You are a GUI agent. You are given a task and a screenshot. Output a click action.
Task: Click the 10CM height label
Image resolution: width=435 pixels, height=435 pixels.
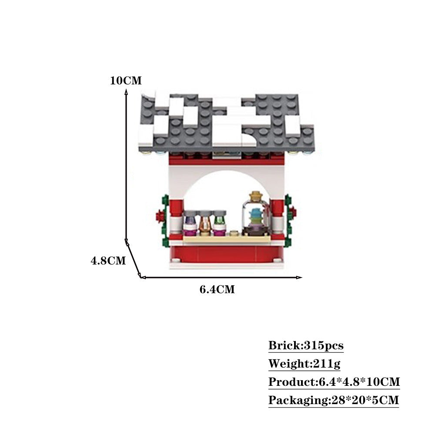coord(126,81)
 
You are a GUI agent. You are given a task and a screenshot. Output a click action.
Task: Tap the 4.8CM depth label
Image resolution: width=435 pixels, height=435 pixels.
coord(108,261)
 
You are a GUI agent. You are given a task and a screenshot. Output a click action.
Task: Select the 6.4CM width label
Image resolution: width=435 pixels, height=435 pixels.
coord(217,289)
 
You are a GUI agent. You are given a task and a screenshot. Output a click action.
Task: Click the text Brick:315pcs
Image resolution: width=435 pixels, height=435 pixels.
coord(306,346)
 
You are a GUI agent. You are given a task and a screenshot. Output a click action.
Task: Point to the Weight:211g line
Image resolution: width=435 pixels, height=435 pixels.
coord(304,364)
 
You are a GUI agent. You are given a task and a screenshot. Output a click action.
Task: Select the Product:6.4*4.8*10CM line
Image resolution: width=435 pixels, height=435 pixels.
coord(334,382)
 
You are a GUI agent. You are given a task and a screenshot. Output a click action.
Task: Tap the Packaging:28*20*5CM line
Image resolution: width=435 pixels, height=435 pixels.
coord(333,400)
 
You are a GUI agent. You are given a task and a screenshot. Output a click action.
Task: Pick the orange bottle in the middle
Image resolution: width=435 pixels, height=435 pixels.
coord(205,223)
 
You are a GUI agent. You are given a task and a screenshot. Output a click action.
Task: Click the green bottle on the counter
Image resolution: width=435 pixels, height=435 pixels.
coord(219,223)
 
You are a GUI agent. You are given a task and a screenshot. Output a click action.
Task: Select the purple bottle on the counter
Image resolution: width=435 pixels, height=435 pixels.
coord(190,223)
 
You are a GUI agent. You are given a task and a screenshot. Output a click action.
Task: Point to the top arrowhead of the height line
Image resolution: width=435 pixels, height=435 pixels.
coord(126,91)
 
